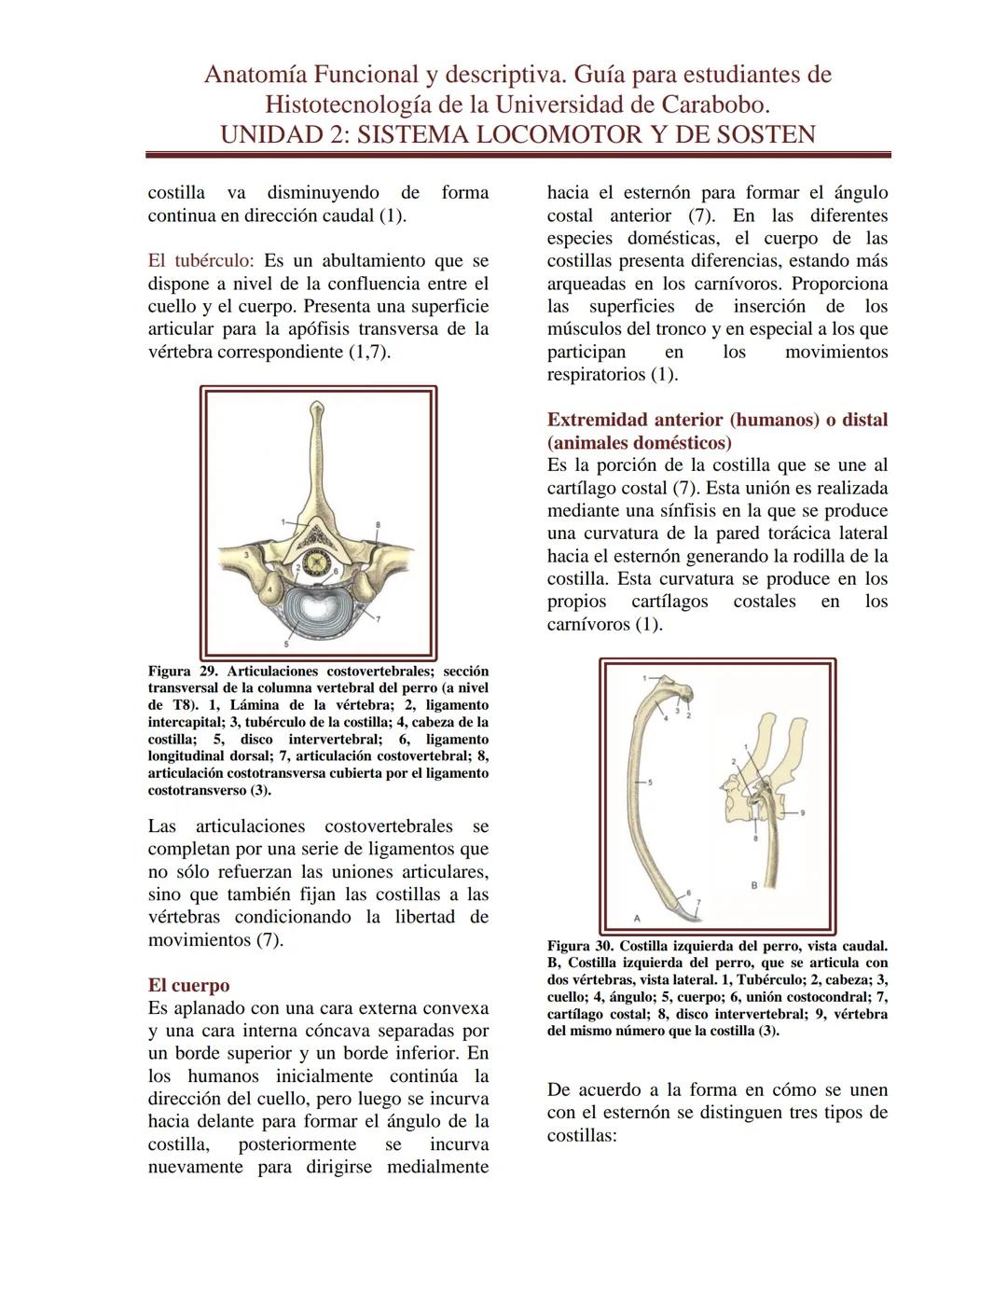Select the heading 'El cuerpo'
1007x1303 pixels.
188,986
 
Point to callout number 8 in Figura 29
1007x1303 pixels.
378,526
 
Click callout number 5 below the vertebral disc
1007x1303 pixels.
286,644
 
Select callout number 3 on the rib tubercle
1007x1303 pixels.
246,555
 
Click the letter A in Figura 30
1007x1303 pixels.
637,918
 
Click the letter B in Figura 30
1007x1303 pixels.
753,884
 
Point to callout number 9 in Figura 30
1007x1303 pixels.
803,812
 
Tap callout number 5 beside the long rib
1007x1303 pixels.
650,782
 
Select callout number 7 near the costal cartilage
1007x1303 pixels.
697,903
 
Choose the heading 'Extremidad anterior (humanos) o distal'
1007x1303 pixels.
717,420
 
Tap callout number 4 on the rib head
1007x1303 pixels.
270,589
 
